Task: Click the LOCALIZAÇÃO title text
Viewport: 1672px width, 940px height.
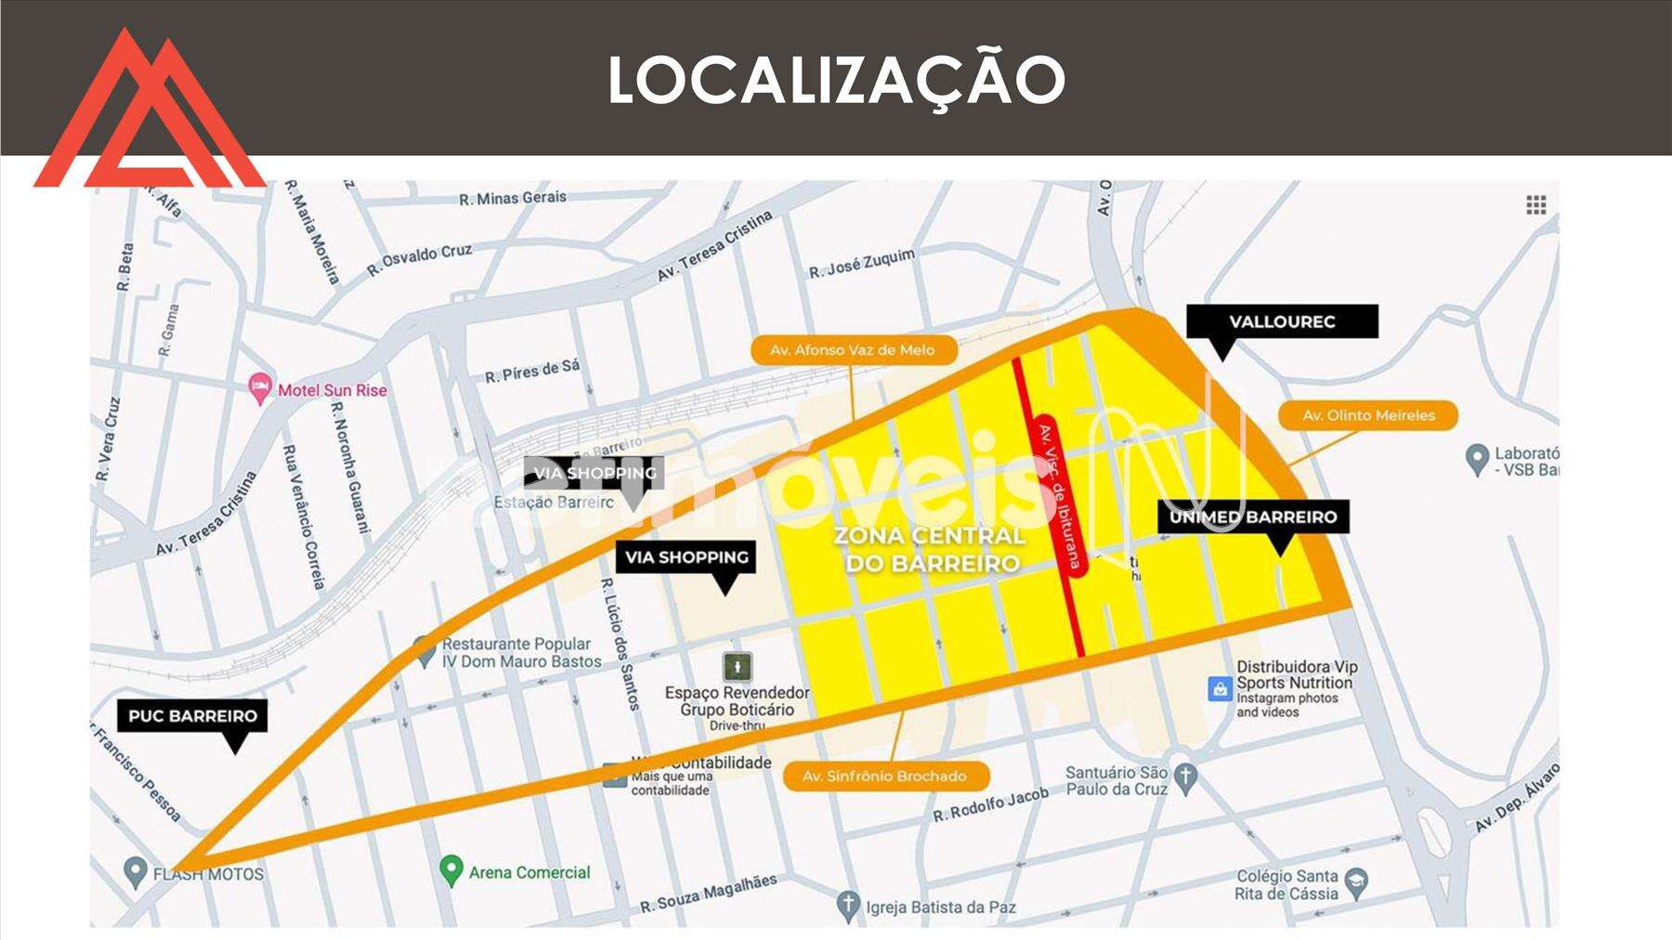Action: [x=836, y=80]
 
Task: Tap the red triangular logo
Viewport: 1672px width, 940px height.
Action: [x=149, y=116]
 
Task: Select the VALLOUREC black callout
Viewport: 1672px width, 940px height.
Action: [x=1282, y=322]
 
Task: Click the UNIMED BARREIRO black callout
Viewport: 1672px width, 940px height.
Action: [x=1253, y=517]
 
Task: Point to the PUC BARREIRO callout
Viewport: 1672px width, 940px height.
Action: [x=192, y=716]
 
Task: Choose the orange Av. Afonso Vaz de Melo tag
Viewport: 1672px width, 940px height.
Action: [x=852, y=350]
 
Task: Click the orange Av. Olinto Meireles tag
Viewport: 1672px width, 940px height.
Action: [x=1368, y=415]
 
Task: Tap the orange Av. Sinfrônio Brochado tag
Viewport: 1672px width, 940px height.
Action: [x=884, y=776]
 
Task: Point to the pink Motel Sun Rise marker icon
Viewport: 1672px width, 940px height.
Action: [x=261, y=388]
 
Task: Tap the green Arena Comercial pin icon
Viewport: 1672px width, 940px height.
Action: [x=451, y=870]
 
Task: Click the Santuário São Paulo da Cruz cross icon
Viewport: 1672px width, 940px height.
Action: [x=1184, y=777]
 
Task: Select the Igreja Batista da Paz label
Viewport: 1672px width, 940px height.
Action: [x=940, y=907]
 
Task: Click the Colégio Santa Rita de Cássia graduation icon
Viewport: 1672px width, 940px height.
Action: [x=1357, y=881]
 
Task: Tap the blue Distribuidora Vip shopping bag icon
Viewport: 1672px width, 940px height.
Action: [x=1219, y=688]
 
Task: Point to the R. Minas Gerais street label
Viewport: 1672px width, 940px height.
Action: [x=512, y=198]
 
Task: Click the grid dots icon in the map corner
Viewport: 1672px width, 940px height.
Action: [x=1536, y=205]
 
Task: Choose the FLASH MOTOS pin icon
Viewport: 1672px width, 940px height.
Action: [x=136, y=871]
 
